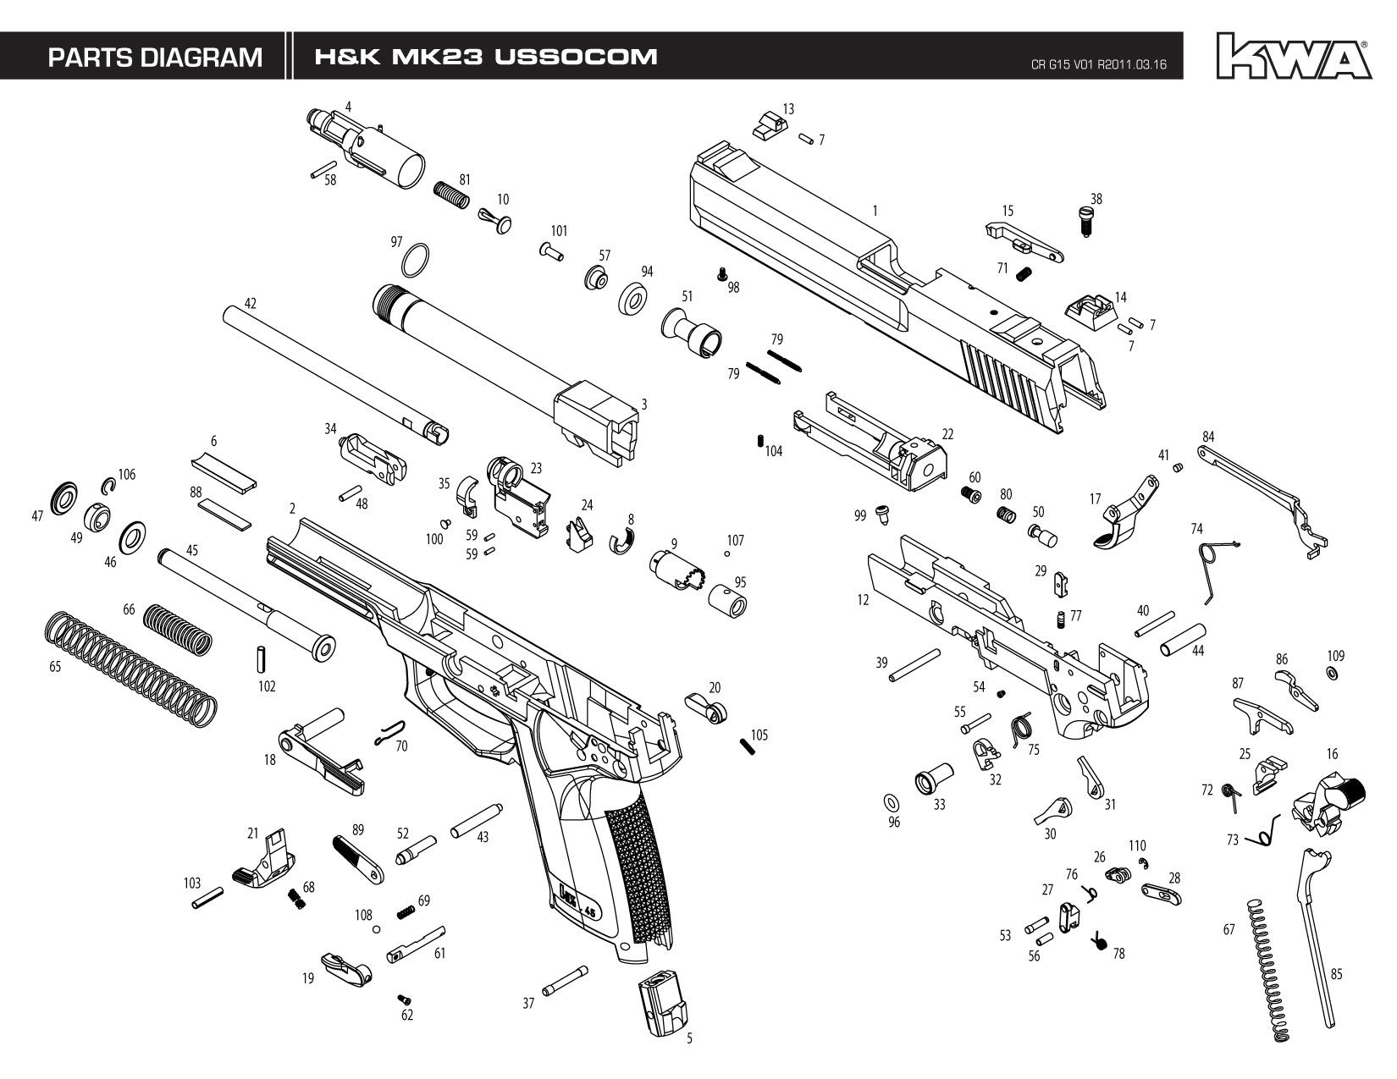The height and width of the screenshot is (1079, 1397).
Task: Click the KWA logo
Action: tap(1293, 56)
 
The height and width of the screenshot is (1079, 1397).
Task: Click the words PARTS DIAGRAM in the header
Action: tap(155, 58)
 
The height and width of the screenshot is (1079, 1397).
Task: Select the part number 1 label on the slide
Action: tap(875, 211)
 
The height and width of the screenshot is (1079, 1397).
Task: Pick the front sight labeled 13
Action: tap(768, 124)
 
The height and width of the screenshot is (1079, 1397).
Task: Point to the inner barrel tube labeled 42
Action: tap(334, 372)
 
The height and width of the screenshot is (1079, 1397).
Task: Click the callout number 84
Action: tap(1208, 437)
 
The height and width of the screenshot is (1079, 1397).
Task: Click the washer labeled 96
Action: tap(891, 802)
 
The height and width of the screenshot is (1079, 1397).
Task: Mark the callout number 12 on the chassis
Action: tap(863, 600)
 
